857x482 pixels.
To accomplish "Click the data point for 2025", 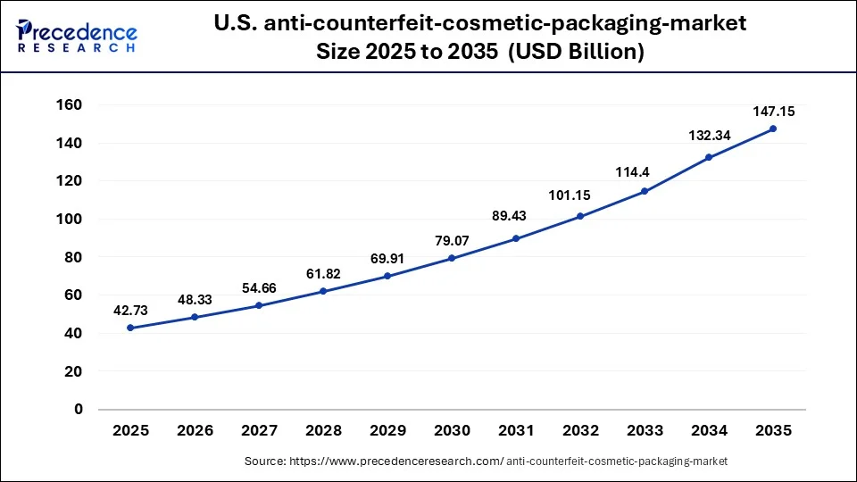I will coord(130,328).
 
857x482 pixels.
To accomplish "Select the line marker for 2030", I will coord(452,258).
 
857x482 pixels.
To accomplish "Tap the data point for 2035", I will coord(773,129).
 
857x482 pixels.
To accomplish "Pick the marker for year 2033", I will coord(645,191).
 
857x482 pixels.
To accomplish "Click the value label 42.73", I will coord(130,310).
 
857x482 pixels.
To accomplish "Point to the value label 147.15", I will coord(773,112).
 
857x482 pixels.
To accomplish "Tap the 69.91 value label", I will coord(387,258).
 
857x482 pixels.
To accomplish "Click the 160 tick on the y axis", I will coord(71,105).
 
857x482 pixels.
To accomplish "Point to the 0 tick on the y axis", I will coord(79,410).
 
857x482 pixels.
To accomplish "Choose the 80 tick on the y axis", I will coord(74,257).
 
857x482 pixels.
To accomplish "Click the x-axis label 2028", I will coord(323,431).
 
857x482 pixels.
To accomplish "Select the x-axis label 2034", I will coord(709,431).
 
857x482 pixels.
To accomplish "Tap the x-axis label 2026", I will coord(195,431).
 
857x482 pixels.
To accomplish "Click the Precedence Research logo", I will coord(77,36).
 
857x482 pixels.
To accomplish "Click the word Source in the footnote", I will coord(265,461).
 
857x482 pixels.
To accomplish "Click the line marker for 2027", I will coord(259,305).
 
